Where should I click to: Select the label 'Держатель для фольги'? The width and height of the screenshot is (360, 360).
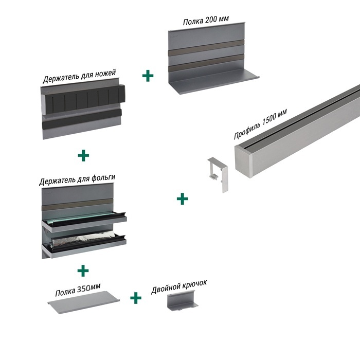pos(77,179)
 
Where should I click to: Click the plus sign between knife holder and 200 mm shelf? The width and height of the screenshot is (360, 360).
pos(148,76)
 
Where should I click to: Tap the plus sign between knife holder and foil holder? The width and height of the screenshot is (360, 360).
pos(82,155)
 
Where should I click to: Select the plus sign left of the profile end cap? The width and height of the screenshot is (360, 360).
pos(182,198)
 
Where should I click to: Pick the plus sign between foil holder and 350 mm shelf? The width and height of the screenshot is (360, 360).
pos(82,269)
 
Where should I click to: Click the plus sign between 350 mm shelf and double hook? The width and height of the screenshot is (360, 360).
pos(135,298)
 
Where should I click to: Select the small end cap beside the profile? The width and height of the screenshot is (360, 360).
pos(219,175)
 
